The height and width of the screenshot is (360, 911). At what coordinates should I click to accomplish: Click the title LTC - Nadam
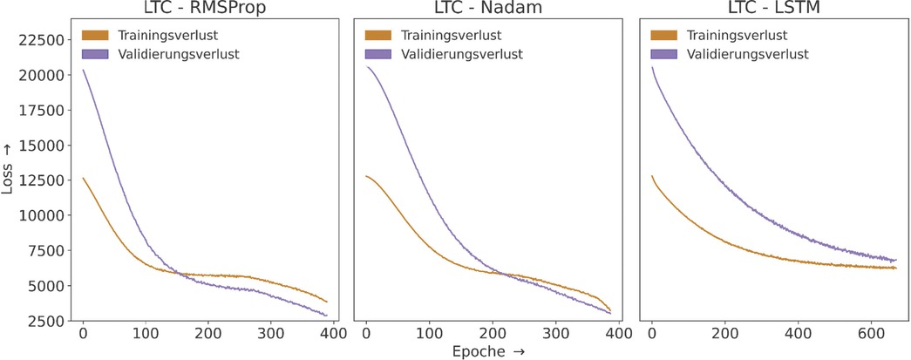491,9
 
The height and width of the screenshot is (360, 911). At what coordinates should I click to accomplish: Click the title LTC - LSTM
776,9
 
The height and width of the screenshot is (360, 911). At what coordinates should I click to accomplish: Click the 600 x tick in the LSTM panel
875,334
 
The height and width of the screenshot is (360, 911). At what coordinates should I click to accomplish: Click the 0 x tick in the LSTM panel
652,334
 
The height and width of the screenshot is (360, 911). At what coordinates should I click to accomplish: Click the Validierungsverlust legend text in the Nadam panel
462,54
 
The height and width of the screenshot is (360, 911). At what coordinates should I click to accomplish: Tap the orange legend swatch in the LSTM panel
663,36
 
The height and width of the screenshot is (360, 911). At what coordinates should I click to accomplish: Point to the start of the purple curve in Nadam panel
366,67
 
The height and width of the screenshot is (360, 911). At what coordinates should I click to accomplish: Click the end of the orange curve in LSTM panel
895,268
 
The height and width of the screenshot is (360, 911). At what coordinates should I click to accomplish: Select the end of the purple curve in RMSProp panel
327,316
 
